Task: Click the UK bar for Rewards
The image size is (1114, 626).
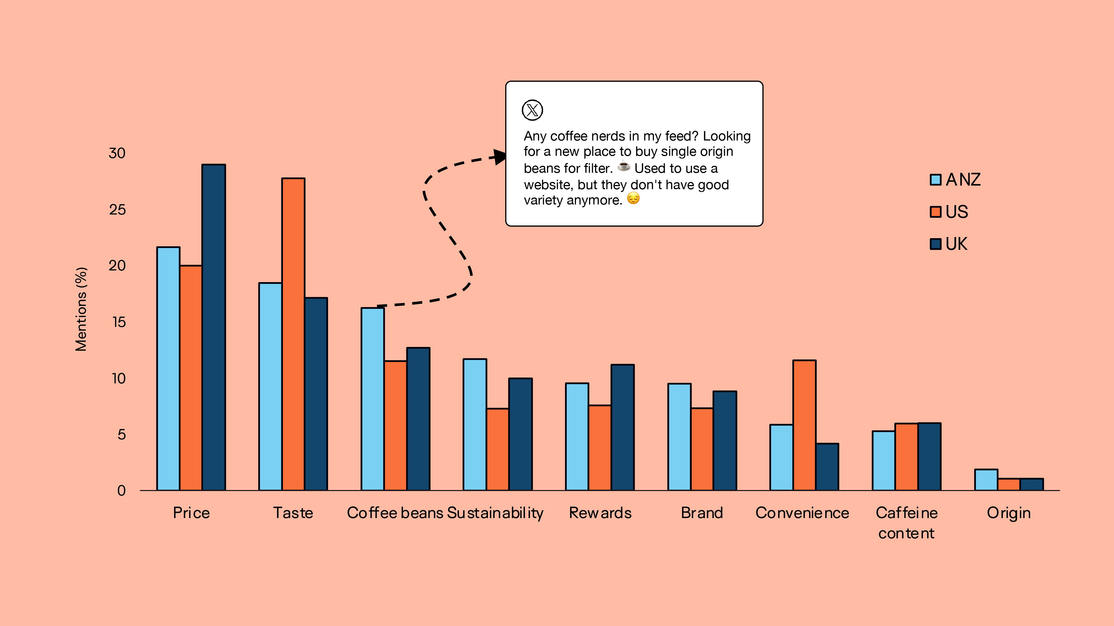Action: (622, 427)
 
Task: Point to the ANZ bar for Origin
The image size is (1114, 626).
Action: (986, 480)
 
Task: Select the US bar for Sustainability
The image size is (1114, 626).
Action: (497, 449)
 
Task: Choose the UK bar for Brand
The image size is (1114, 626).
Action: (725, 441)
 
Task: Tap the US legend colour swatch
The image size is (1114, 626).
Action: (935, 212)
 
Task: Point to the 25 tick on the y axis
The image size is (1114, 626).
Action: (117, 210)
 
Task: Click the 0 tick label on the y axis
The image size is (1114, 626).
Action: (121, 491)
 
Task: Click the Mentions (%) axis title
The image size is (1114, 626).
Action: (81, 309)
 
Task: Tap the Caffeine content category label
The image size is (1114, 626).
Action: (907, 523)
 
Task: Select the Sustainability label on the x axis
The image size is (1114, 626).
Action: (495, 513)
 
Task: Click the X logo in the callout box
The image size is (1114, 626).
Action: (532, 110)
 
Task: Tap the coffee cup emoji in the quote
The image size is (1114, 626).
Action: (624, 166)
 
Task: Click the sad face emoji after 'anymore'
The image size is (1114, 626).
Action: (633, 198)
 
